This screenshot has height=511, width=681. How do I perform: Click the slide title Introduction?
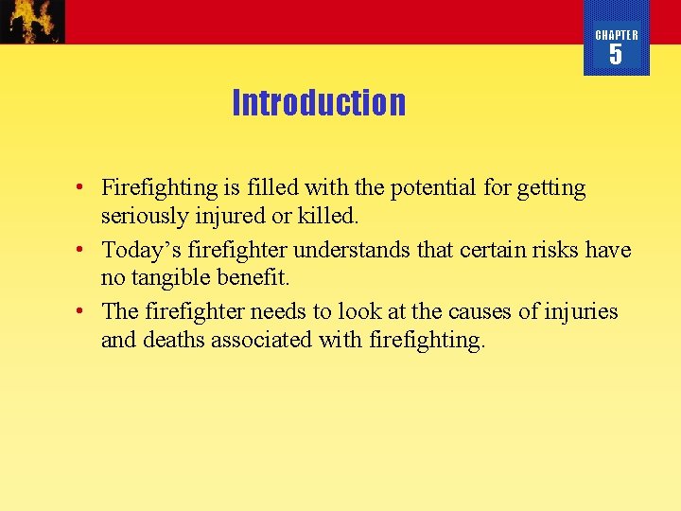(319, 102)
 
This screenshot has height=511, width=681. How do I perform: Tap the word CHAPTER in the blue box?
(617, 35)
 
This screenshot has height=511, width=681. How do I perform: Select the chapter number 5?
(616, 56)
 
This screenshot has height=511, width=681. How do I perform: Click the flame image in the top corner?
(33, 21)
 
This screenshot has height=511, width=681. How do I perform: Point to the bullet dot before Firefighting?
(83, 188)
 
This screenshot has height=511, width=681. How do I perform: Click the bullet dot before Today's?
(83, 250)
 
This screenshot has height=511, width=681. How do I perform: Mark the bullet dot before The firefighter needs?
(83, 311)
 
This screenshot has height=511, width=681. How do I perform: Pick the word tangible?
(174, 277)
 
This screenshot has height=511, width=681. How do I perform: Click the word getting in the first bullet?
(551, 188)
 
